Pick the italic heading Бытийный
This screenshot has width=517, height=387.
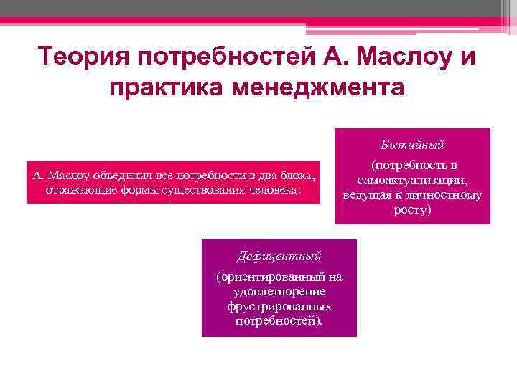[412, 145]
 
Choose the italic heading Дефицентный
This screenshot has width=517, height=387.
[279, 255]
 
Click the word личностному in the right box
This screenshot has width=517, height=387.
[447, 194]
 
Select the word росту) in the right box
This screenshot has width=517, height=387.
[412, 210]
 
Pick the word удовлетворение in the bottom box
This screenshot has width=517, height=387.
[279, 291]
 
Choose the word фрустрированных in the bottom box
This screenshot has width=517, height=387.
[279, 306]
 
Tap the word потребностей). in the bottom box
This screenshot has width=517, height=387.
[279, 320]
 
